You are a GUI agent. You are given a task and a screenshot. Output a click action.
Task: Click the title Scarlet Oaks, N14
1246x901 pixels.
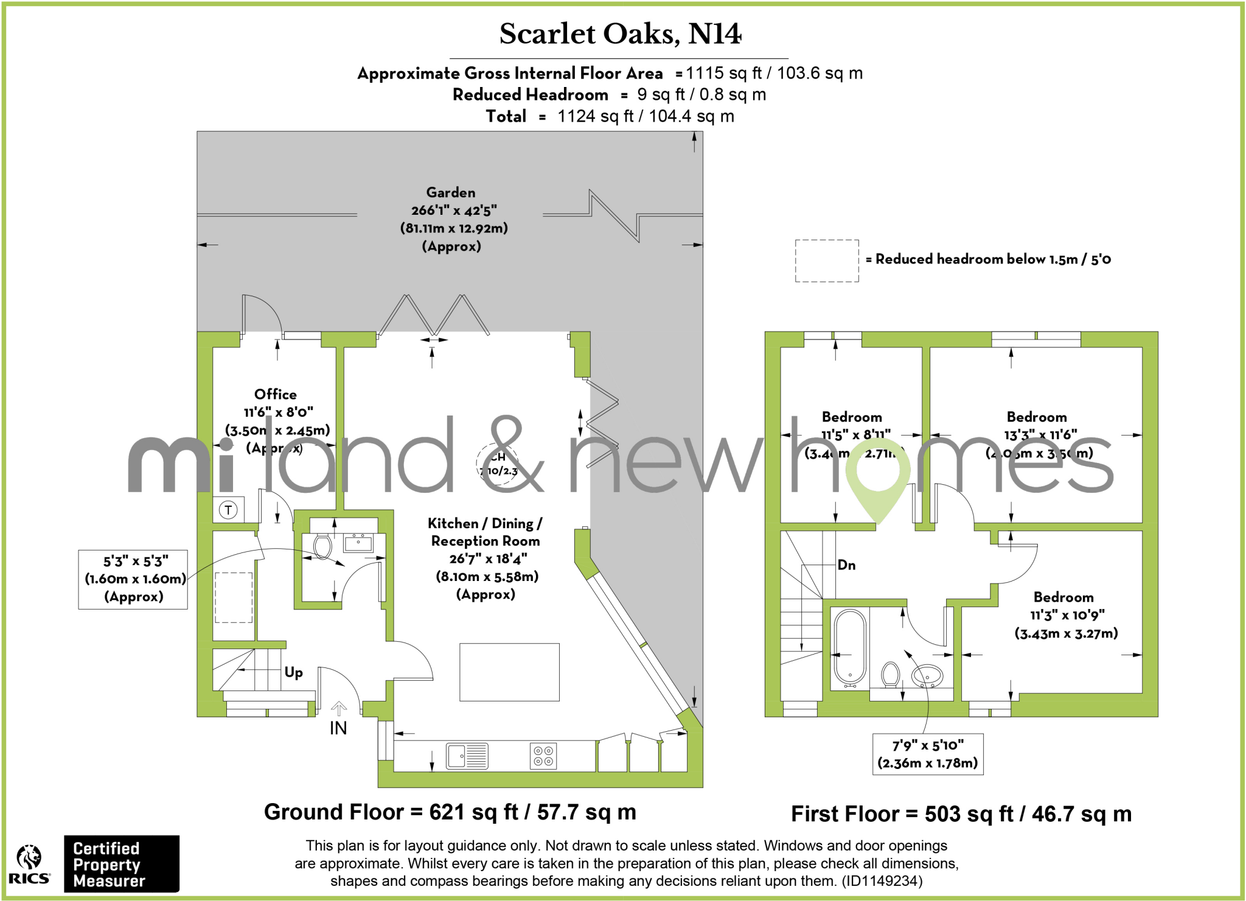pos(620,34)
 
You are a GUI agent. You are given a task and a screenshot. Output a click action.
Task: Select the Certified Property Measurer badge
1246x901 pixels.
pos(121,864)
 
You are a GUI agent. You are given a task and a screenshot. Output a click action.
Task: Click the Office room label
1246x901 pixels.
pos(276,394)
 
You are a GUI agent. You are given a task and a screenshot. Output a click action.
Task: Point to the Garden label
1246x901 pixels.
pos(451,193)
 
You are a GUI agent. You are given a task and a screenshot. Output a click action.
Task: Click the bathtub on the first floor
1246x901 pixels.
pos(850,647)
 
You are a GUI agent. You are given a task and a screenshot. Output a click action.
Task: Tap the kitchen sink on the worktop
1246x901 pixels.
pos(467,756)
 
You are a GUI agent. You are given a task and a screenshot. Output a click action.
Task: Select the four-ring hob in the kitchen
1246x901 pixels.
pos(543,756)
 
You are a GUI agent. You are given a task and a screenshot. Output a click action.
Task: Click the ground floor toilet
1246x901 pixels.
pos(322,546)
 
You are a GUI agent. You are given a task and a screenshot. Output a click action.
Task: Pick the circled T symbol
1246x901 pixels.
pos(228,510)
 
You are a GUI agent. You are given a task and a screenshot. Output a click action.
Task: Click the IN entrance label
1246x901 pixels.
pos(338,728)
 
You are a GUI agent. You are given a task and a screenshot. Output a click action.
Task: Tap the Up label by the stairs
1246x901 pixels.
pos(294,672)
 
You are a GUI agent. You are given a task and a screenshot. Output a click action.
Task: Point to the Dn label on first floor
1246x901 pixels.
pos(846,565)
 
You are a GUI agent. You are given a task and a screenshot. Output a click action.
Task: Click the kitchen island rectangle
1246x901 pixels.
pos(509,672)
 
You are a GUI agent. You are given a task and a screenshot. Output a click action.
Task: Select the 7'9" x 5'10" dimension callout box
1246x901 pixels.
pos(928,754)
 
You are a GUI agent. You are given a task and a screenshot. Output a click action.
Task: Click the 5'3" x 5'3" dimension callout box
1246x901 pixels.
pos(133,579)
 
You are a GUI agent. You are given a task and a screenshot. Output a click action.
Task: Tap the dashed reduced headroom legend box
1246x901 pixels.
pos(827,261)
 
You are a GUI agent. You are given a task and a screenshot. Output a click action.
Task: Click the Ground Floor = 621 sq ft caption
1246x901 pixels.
pos(450,812)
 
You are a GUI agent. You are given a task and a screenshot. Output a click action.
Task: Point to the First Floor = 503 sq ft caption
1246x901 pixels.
pos(961,814)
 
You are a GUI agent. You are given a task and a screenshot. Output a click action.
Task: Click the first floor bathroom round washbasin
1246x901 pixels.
pos(927,675)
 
